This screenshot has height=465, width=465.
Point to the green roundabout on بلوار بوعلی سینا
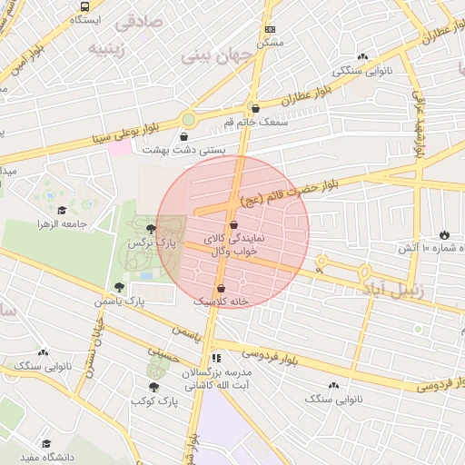pyautogui.click(x=188, y=119)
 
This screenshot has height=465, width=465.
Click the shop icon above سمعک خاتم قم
pyautogui.click(x=255, y=108)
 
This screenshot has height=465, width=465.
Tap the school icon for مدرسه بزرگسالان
pyautogui.click(x=216, y=358)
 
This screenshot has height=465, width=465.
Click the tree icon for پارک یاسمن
pyautogui.click(x=119, y=287)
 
